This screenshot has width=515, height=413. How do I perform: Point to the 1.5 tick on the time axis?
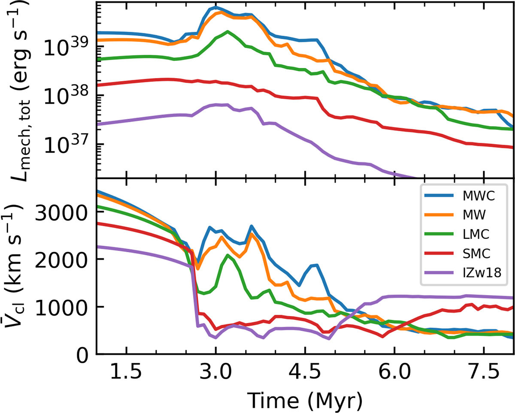point(126,373)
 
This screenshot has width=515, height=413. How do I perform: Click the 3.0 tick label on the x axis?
point(216,373)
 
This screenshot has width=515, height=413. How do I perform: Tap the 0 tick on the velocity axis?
point(82,355)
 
